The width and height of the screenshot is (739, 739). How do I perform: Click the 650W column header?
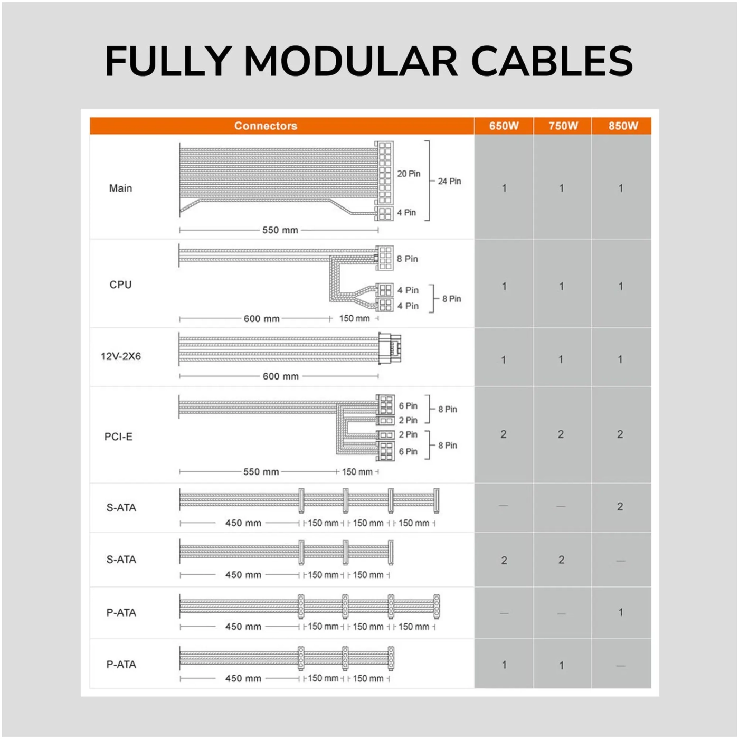pyautogui.click(x=504, y=126)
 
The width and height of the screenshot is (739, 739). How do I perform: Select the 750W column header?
pyautogui.click(x=563, y=126)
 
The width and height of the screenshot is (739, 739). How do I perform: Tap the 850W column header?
pyautogui.click(x=623, y=126)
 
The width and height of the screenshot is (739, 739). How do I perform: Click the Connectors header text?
pyautogui.click(x=266, y=126)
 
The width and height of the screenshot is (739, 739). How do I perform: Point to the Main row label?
pyautogui.click(x=120, y=188)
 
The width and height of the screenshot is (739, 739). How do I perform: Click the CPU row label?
pyautogui.click(x=120, y=285)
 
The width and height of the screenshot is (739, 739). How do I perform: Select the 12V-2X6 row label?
pyautogui.click(x=121, y=356)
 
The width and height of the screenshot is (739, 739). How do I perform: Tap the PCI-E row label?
pyautogui.click(x=118, y=437)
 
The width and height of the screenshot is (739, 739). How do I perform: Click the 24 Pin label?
pyautogui.click(x=449, y=182)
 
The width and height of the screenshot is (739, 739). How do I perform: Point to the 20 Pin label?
pyautogui.click(x=409, y=174)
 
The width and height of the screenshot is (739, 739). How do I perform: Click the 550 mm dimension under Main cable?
pyautogui.click(x=280, y=230)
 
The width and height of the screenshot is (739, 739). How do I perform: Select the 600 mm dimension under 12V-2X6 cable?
pyautogui.click(x=280, y=376)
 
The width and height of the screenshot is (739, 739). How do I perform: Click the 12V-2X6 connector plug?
pyautogui.click(x=390, y=348)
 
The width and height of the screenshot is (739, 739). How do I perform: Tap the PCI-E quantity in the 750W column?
pyautogui.click(x=561, y=434)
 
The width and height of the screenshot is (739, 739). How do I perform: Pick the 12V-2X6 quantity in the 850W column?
pyautogui.click(x=620, y=359)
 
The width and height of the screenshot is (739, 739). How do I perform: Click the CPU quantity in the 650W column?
pyautogui.click(x=504, y=287)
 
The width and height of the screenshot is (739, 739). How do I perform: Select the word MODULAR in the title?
pyautogui.click(x=351, y=61)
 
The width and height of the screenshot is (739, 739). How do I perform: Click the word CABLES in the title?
pyautogui.click(x=552, y=61)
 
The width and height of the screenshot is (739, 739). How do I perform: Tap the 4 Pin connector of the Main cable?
pyautogui.click(x=384, y=213)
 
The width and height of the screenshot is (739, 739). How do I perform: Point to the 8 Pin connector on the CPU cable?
pyautogui.click(x=384, y=258)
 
